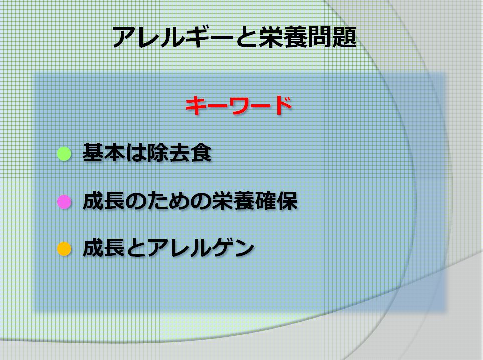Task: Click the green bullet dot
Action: point(64,154)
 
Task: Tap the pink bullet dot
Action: point(64,202)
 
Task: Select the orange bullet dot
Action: point(64,249)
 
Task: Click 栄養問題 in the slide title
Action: point(307,38)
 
